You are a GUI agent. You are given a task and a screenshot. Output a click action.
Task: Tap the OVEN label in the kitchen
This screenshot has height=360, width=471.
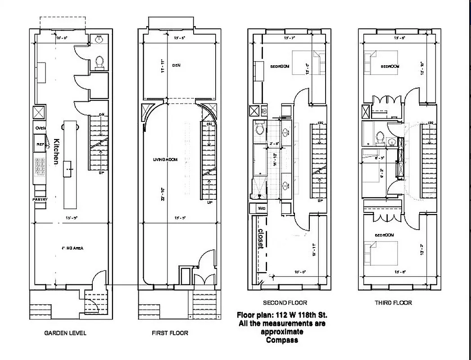pos(41,128)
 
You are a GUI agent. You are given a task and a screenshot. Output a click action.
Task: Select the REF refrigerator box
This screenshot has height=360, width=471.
pos(40,144)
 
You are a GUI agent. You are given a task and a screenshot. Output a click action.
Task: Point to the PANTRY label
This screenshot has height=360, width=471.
pos(39,199)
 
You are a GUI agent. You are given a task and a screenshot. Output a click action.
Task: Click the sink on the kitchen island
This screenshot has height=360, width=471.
pos(68,169)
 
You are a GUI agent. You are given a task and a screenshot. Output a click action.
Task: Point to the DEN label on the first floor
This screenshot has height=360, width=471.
pos(176,65)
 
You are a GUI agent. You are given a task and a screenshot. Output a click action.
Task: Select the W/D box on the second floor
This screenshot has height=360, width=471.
pos(262,209)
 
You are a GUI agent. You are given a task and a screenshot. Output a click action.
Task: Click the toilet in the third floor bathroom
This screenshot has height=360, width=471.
pos(380,136)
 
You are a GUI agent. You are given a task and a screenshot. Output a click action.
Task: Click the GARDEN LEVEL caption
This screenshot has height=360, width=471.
pos(65,333)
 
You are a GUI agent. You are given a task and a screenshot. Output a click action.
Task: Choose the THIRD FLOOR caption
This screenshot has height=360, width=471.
pos(393,303)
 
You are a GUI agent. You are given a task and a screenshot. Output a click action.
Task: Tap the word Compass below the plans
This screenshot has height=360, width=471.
pos(281,340)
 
